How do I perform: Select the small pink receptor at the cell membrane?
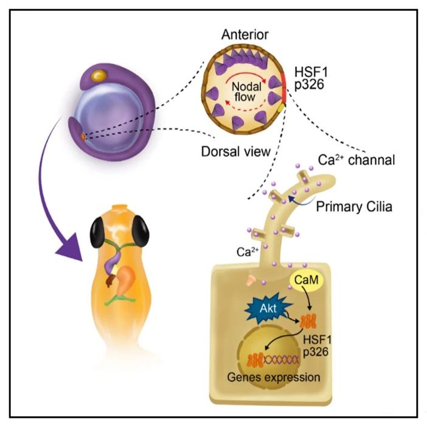251,280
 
